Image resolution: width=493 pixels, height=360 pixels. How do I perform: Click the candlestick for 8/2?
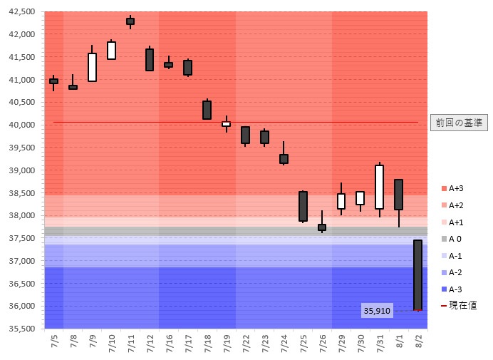pyautogui.click(x=417, y=275)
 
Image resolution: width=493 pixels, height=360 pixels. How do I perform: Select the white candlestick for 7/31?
pyautogui.click(x=379, y=187)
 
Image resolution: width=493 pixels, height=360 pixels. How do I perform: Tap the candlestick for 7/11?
pyautogui.click(x=130, y=21)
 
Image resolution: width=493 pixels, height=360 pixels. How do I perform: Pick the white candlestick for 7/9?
pyautogui.click(x=92, y=67)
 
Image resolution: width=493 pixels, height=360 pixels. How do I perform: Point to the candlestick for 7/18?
pyautogui.click(x=207, y=110)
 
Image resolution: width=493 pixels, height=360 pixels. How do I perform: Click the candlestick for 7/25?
pyautogui.click(x=303, y=206)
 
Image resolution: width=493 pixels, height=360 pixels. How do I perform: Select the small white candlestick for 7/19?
pyautogui.click(x=226, y=124)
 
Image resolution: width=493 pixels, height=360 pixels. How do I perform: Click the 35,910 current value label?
pyautogui.click(x=377, y=311)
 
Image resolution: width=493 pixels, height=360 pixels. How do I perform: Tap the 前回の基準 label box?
pyautogui.click(x=459, y=123)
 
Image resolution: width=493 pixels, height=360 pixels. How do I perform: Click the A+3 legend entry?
pyautogui.click(x=452, y=188)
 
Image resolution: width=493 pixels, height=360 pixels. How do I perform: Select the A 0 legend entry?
pyautogui.click(x=452, y=239)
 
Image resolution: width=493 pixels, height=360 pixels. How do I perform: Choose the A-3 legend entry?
pyautogui.click(x=452, y=289)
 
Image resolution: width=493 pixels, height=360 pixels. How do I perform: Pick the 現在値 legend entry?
pyautogui.click(x=458, y=305)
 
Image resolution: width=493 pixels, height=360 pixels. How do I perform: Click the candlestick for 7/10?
pyautogui.click(x=111, y=51)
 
